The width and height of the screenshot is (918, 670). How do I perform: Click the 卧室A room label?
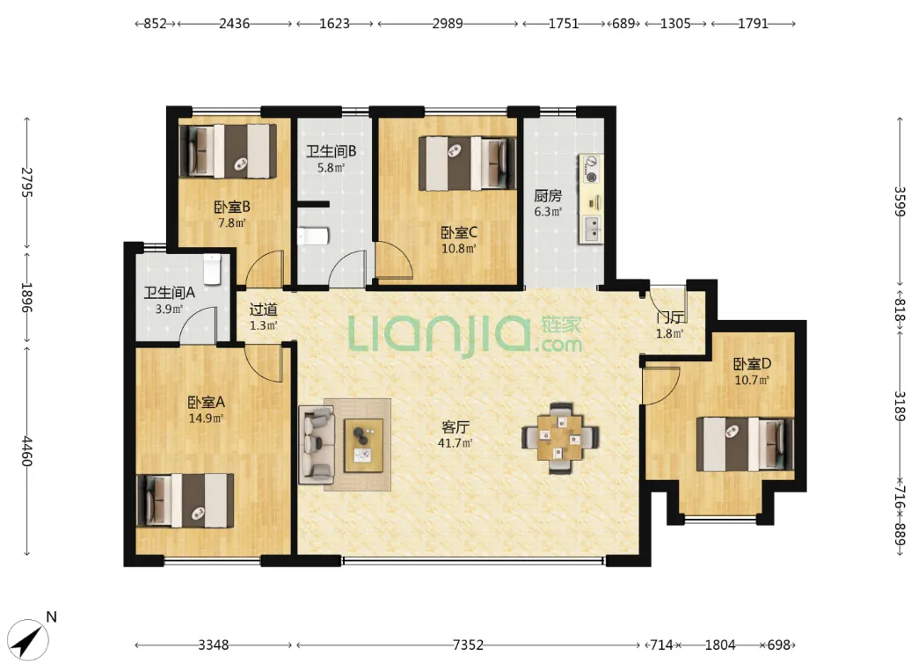pyautogui.click(x=206, y=403)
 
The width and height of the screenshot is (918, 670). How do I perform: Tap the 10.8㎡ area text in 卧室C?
pyautogui.click(x=458, y=248)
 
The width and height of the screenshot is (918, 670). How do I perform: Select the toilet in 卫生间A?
pyautogui.click(x=211, y=269)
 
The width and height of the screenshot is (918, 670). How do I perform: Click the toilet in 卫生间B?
pyautogui.click(x=313, y=237)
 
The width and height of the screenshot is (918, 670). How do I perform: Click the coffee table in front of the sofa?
pyautogui.click(x=363, y=445)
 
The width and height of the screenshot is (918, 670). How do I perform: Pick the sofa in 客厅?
pyautogui.click(x=317, y=445)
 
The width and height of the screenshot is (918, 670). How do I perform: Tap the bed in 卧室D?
pyautogui.click(x=745, y=444)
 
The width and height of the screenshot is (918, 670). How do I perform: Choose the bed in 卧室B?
pyautogui.click(x=228, y=151)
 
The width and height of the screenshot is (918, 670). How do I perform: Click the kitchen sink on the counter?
pyautogui.click(x=592, y=229)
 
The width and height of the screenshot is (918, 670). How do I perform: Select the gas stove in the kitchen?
pyautogui.click(x=591, y=169)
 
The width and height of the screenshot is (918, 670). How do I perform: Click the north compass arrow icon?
pyautogui.click(x=29, y=640)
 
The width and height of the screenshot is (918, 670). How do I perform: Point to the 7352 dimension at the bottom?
pyautogui.click(x=468, y=645)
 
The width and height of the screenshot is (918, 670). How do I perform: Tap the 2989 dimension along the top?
pyautogui.click(x=448, y=24)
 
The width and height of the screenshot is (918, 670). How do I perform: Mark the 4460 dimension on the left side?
pyautogui.click(x=26, y=451)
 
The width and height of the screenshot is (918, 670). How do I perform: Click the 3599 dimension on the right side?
pyautogui.click(x=900, y=201)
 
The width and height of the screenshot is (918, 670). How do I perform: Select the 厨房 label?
pyautogui.click(x=548, y=195)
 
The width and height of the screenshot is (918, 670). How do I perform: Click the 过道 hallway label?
pyautogui.click(x=264, y=310)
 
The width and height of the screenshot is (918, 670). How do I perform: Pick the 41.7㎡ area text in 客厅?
pyautogui.click(x=455, y=443)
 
